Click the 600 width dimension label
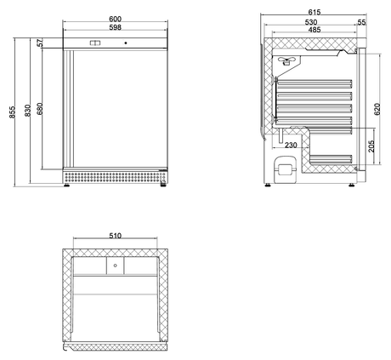[x=115, y=19]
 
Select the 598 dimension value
[x=115, y=27]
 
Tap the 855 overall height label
[x=12, y=112]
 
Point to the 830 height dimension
[x=28, y=111]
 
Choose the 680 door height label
[x=40, y=109]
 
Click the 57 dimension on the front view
[x=41, y=43]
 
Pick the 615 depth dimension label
[x=314, y=12]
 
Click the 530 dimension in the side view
[x=311, y=22]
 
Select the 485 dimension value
[x=314, y=30]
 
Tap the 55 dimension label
[x=361, y=22]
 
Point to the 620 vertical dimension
[x=377, y=109]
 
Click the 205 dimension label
[x=371, y=146]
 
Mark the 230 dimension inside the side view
[x=291, y=146]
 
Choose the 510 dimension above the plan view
[x=116, y=236]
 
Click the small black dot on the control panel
[x=126, y=43]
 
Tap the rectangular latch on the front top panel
[x=95, y=43]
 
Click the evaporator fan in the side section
[x=286, y=60]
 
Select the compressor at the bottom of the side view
[x=286, y=169]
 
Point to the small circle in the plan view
[x=115, y=266]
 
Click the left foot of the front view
[x=67, y=186]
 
